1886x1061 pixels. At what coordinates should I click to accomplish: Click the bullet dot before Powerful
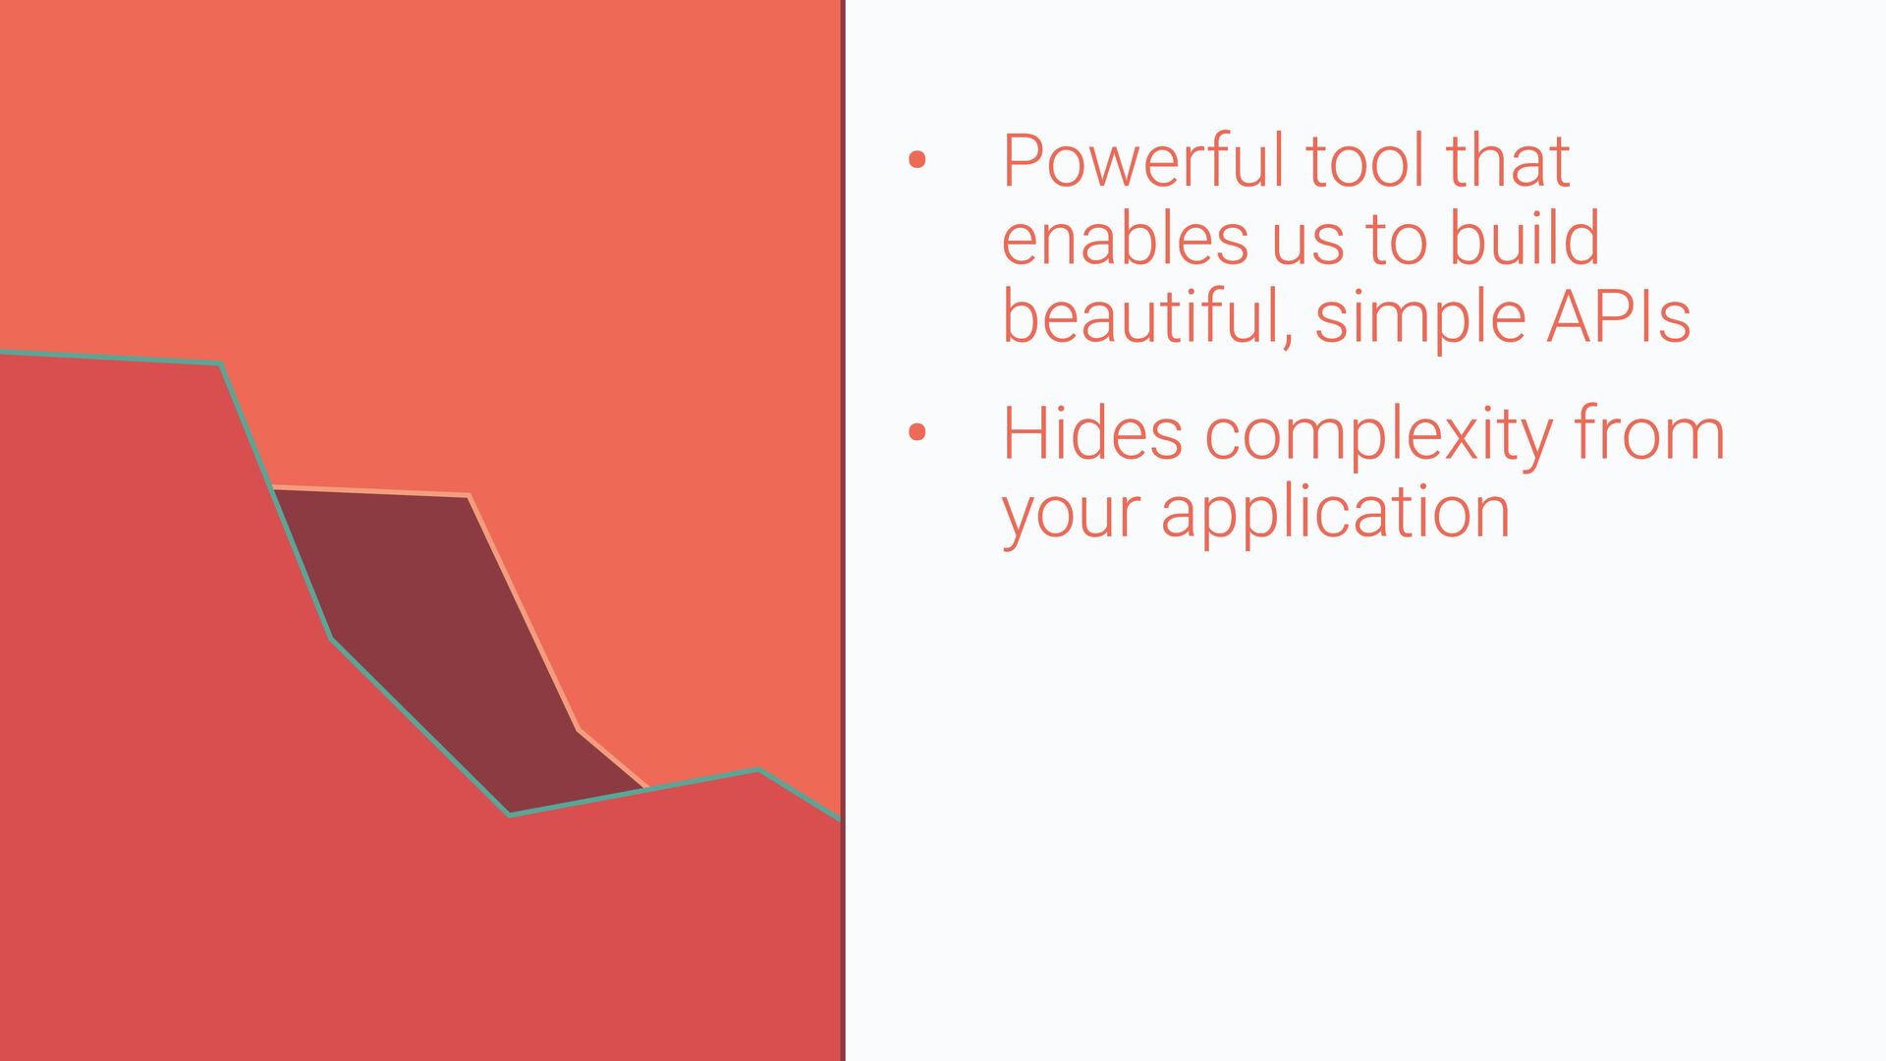click(917, 160)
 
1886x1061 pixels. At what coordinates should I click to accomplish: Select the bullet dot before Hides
click(917, 432)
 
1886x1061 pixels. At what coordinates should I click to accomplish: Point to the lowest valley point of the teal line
click(509, 814)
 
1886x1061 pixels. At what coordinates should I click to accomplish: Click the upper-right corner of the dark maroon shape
click(469, 495)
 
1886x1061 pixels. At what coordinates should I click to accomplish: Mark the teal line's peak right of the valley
click(757, 770)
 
